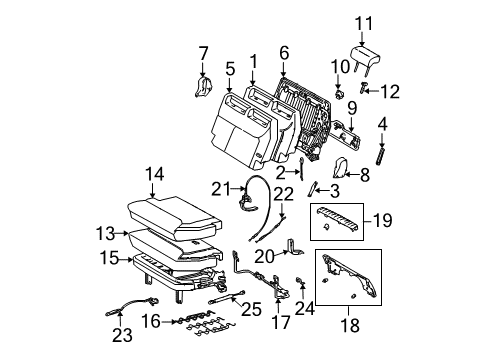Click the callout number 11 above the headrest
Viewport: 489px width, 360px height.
(364, 21)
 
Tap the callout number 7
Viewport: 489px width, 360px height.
(203, 52)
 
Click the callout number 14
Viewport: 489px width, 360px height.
(153, 175)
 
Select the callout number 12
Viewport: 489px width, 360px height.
(388, 93)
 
